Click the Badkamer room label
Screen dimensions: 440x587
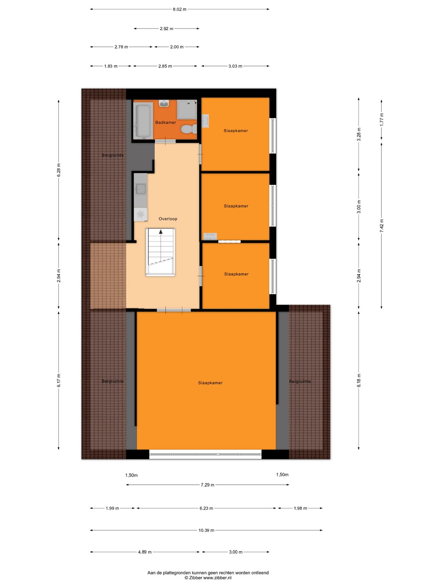[x=166, y=122]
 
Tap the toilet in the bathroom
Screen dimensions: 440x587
[x=189, y=130]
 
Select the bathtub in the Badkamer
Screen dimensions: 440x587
[x=143, y=121]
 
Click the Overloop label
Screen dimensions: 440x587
[x=168, y=219]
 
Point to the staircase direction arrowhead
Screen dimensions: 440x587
[x=161, y=232]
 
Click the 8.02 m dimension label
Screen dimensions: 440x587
[x=180, y=9]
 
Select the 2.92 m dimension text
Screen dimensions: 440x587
[x=167, y=29]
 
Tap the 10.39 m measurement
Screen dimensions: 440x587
[x=206, y=530]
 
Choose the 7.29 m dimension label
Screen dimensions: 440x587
[x=208, y=485]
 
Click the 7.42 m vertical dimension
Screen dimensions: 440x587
[x=382, y=225]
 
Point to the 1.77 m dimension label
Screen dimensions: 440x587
[x=382, y=119]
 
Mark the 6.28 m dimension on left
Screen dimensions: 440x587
[x=59, y=170]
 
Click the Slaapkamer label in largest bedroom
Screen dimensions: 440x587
[x=210, y=383]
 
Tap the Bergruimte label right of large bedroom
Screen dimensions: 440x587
[x=300, y=382]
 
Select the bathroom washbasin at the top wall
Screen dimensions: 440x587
[x=164, y=104]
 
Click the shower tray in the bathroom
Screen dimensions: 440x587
[x=187, y=110]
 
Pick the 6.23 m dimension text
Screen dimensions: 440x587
[x=206, y=508]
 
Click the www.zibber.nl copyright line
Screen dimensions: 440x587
[x=208, y=578]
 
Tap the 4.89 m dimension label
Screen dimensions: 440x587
[x=145, y=552]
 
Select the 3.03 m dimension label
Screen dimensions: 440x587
[x=235, y=66]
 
